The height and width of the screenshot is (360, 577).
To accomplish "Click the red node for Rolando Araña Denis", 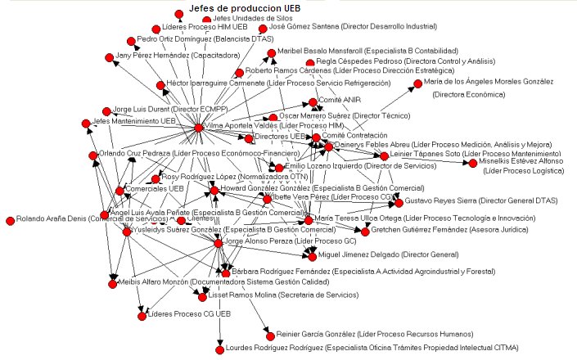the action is click(x=10, y=219).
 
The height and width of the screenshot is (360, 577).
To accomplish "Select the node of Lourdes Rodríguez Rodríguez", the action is click(x=220, y=349).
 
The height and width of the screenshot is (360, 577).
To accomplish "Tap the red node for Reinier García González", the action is click(x=268, y=334).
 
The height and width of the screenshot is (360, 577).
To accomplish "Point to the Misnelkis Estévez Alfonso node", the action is click(x=472, y=163).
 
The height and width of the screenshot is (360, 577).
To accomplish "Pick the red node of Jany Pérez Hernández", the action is click(x=109, y=57).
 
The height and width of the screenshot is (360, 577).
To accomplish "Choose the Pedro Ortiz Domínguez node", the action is click(x=131, y=40).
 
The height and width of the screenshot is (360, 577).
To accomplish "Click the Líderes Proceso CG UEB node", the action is click(x=142, y=315).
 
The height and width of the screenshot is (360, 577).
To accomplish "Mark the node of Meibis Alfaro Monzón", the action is click(x=112, y=284).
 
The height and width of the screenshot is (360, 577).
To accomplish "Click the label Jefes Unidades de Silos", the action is click(x=253, y=18).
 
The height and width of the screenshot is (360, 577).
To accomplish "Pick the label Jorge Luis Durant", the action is click(x=157, y=109).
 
